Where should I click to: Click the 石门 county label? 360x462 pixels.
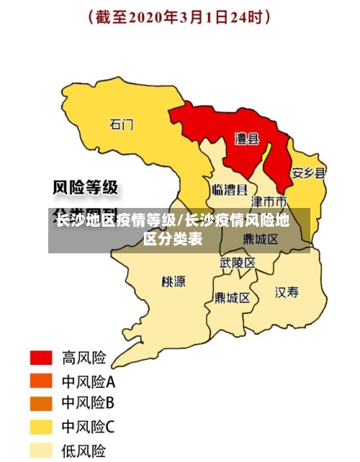coord(121,124)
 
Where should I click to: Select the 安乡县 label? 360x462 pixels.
coord(308,173)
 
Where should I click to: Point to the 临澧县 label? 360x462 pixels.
coord(230,190)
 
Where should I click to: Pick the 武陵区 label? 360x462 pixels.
coord(238,263)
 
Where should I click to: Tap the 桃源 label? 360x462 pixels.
coord(174,281)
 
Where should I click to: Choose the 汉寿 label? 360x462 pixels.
coord(287,291)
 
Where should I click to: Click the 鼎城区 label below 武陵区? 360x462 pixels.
coord(232,297)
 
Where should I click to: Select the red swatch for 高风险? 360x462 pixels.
coord(41,358)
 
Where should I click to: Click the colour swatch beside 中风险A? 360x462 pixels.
coord(41,381)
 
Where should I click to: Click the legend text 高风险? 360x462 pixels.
coord(84,358)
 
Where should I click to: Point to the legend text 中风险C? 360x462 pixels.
coord(88,427)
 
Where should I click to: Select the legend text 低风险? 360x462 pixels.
coord(84,450)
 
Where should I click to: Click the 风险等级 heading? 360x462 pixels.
coord(86,188)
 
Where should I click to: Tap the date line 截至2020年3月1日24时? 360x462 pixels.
coord(180,17)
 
